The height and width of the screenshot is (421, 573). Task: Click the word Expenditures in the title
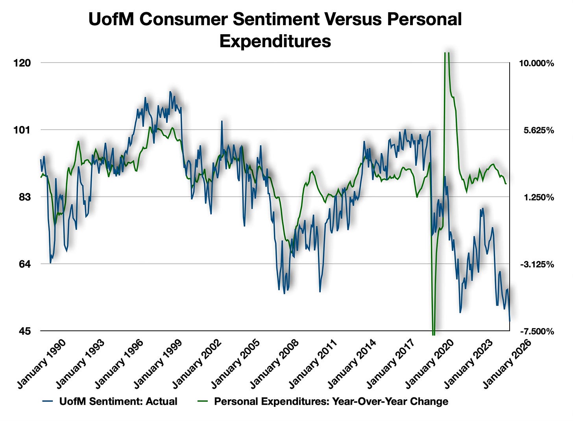tap(275, 41)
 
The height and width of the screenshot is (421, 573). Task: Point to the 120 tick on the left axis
tap(25, 63)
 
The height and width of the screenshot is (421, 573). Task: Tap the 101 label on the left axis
tap(25, 130)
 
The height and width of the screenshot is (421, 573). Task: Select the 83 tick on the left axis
tap(28, 197)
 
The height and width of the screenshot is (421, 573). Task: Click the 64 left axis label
tap(28, 264)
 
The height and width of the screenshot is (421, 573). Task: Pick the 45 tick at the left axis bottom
tap(28, 331)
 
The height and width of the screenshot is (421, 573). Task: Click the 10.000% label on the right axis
tap(537, 63)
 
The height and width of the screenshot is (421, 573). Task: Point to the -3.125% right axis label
tap(537, 264)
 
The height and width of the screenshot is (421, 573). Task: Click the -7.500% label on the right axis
tap(537, 332)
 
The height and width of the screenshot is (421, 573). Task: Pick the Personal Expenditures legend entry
tap(331, 401)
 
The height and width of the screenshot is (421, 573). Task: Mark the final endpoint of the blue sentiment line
tap(510, 321)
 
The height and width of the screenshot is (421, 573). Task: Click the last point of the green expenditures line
tap(506, 184)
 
